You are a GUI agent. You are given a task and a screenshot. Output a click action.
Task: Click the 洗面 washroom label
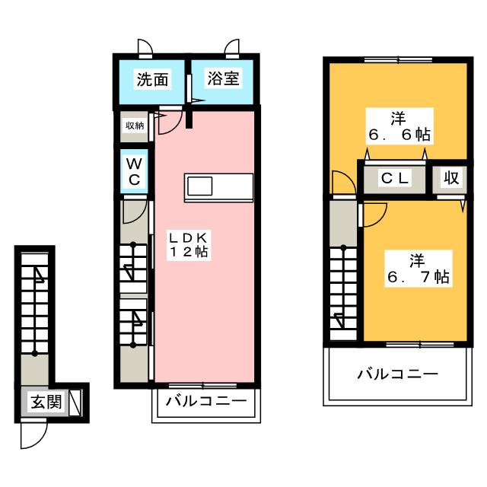tap(152, 79)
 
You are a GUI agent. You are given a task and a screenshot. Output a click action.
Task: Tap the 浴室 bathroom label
tap(223, 78)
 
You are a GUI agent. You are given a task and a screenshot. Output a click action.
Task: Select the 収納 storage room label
tap(135, 126)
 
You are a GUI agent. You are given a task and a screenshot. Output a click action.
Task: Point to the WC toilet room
tap(134, 171)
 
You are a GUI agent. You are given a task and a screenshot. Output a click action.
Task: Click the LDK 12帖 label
tap(189, 245)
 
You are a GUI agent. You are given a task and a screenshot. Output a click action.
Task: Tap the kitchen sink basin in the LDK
tap(199, 186)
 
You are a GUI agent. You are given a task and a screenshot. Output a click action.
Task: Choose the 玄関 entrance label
tap(46, 403)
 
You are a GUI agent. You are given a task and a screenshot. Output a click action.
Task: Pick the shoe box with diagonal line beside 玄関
tap(75, 403)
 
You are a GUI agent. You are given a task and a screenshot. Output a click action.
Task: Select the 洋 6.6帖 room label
tap(399, 126)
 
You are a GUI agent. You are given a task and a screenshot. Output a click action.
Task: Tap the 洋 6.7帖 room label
tap(418, 269)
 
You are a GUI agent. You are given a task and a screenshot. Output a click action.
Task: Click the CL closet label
tap(394, 178)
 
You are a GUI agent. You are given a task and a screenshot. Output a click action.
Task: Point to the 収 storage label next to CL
tap(451, 178)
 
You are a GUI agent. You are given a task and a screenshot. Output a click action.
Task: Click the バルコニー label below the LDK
tap(206, 401)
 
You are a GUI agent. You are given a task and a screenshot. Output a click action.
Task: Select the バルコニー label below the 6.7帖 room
tap(398, 374)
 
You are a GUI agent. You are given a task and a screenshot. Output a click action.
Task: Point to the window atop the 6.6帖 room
tap(398, 59)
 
